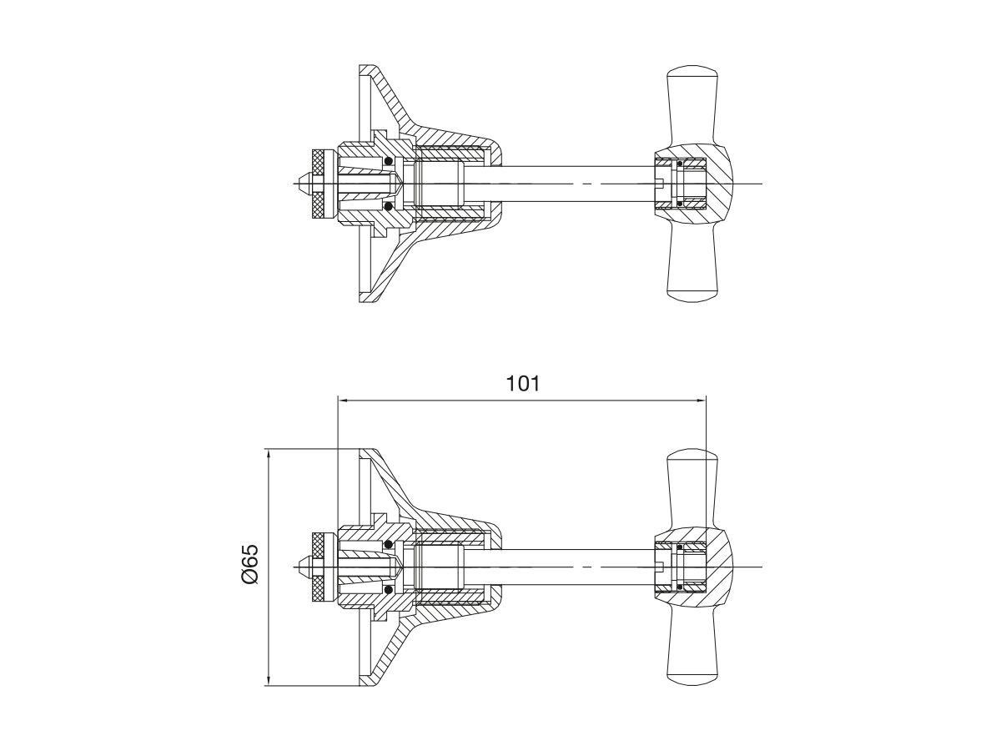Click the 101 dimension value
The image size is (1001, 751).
pos(523,384)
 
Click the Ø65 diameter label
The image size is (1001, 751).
pos(250,564)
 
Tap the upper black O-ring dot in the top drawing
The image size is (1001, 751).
pos(388,161)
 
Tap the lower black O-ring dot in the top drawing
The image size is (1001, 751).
pos(388,207)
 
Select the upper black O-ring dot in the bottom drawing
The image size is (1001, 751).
pos(388,544)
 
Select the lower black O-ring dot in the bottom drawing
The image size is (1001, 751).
pos(388,590)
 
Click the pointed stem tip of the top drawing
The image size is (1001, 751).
pos(299,184)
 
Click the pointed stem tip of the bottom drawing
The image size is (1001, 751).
pos(299,567)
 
